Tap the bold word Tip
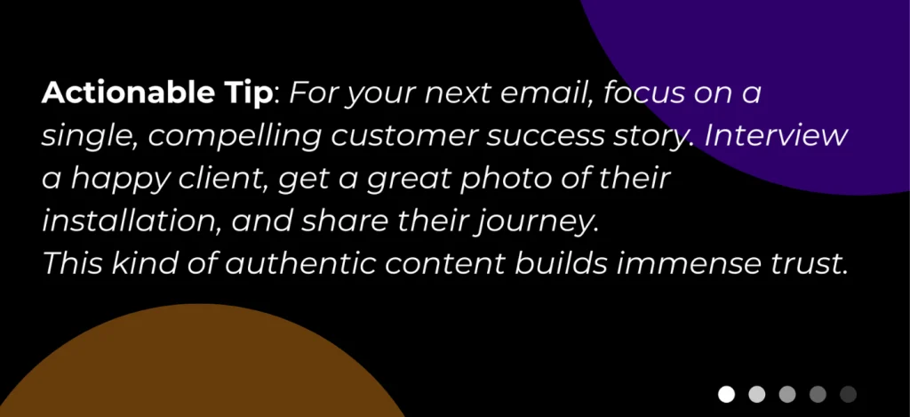pos(251,93)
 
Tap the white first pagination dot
pos(727,394)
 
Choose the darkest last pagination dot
pos(848,394)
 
